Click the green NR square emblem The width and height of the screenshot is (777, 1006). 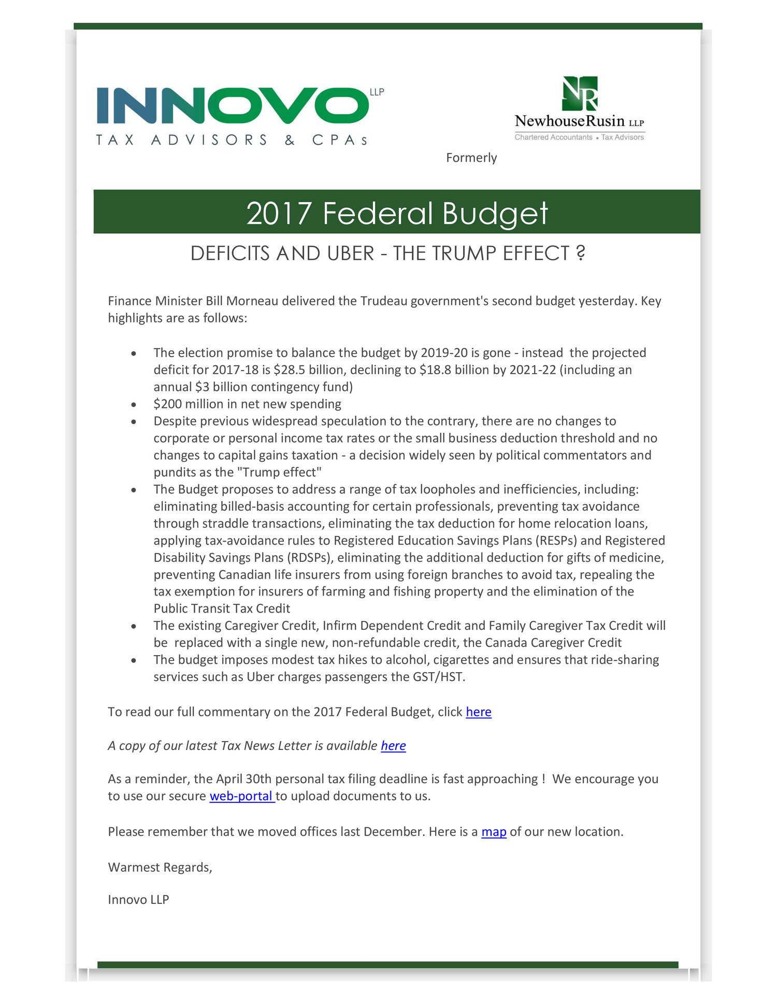580,94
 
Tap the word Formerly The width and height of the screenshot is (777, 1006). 471,158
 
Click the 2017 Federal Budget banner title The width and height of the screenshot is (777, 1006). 397,213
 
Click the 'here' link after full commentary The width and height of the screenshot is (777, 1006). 478,712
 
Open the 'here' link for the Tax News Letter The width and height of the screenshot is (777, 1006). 393,746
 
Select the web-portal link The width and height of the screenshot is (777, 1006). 241,796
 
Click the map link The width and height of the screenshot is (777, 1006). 494,832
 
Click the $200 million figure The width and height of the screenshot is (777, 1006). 184,404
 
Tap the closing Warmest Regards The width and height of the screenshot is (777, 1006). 160,868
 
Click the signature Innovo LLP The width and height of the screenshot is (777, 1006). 138,900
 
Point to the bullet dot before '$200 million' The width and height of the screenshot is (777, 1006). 134,405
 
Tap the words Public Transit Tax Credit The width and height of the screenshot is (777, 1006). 222,609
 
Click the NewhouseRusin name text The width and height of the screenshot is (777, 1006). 569,121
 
